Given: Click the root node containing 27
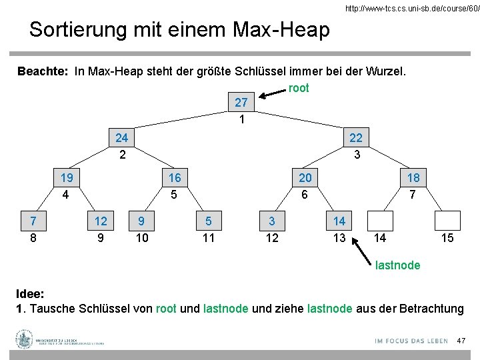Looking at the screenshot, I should coord(241,103).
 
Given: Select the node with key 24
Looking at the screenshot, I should coord(121,138).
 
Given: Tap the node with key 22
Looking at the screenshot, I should coord(356,138).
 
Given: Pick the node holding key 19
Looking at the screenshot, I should coord(67,178).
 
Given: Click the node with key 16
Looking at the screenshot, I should coord(175,178).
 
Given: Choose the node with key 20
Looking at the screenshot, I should coord(305,178).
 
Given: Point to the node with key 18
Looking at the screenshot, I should coord(413,178).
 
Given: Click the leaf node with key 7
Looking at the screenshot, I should coord(33,221).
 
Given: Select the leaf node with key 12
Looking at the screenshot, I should coord(101,221).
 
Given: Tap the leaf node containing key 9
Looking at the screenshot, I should coord(141,221).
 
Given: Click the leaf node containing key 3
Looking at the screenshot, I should coord(272,221).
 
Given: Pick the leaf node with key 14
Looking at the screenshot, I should coord(339,221).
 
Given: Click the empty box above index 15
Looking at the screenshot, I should coord(447,221).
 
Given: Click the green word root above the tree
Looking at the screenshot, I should coord(299,88).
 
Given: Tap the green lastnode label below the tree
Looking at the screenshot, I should coord(397,265).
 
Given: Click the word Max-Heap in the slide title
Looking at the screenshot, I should coord(281,29).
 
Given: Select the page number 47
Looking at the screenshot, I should coord(460,341).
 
